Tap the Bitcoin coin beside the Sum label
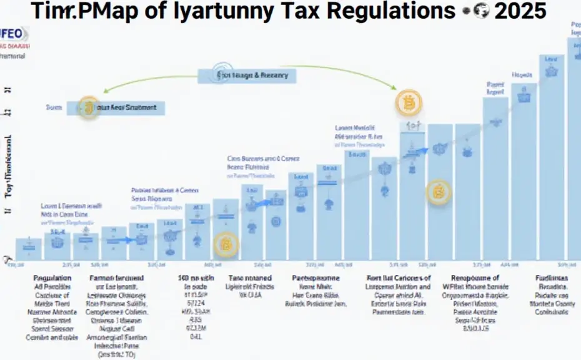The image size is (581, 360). coord(87,107)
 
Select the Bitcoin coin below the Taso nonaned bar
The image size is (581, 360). coord(226,246)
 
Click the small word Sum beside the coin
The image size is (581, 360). coord(54,107)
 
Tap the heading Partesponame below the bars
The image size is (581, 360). coord(319,277)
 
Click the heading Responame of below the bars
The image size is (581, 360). coord(476,277)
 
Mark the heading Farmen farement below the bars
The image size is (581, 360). coord(117,277)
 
